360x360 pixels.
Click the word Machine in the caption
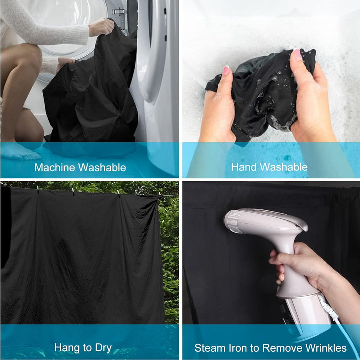click(x=55, y=167)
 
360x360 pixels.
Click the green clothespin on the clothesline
click(x=38, y=189)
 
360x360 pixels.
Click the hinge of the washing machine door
click(x=119, y=11)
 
